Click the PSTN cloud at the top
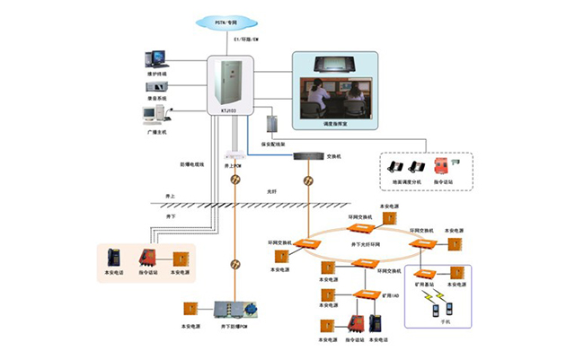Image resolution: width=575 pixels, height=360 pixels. coord(229,20)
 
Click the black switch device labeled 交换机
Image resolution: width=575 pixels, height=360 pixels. coord(308,156)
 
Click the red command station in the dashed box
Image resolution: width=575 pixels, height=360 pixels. coord(442,166)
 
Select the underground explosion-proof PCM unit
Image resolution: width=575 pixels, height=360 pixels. coord(234,310)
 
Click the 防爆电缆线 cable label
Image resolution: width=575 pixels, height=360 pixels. coord(192,164)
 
